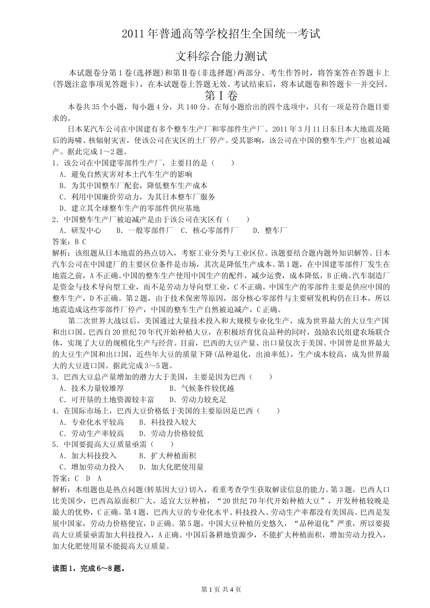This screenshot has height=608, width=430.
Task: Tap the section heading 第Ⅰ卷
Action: click(x=221, y=95)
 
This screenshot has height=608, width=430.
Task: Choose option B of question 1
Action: click(x=134, y=185)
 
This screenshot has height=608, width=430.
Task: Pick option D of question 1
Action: click(x=129, y=208)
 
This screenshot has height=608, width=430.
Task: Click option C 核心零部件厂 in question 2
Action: click(x=209, y=231)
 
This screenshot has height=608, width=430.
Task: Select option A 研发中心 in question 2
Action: click(x=80, y=231)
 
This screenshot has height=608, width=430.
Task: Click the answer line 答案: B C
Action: click(x=69, y=242)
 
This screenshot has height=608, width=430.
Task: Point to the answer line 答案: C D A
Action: click(x=77, y=478)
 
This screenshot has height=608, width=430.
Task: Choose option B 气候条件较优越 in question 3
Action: click(x=201, y=388)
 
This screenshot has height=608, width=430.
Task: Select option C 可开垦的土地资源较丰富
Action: click(x=107, y=399)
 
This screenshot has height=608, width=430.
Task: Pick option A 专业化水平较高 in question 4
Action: click(x=92, y=422)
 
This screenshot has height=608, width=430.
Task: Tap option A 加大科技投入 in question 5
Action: click(x=88, y=456)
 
